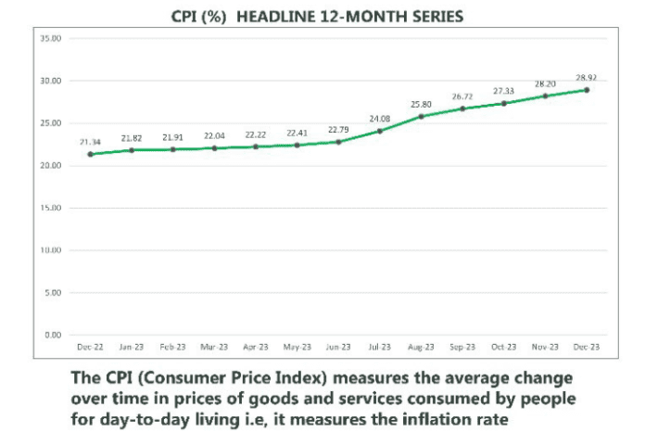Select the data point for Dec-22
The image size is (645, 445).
(90, 154)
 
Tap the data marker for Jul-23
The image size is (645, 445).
(380, 131)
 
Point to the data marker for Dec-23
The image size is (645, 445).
(587, 90)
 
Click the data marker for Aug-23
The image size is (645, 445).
(422, 116)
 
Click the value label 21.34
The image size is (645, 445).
(90, 142)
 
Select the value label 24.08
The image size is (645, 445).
(380, 118)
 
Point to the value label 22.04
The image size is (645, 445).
(214, 136)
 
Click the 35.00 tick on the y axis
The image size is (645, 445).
(51, 39)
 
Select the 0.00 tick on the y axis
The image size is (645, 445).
(53, 335)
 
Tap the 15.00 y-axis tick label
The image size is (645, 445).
(51, 208)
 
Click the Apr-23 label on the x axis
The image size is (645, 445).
(255, 347)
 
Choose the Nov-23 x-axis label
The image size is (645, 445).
(545, 347)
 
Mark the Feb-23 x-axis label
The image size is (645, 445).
(172, 347)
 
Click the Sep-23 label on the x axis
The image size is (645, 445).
(462, 347)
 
